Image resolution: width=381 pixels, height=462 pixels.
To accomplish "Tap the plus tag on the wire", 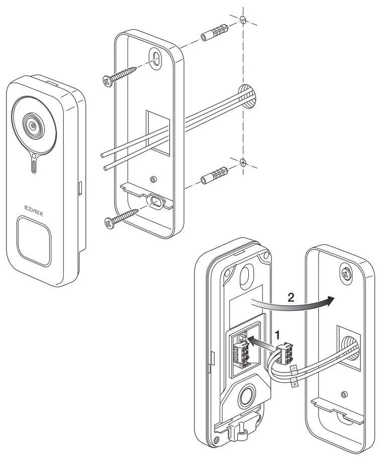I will point(295,383).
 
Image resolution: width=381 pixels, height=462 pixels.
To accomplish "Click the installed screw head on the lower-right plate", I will point(346,272).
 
